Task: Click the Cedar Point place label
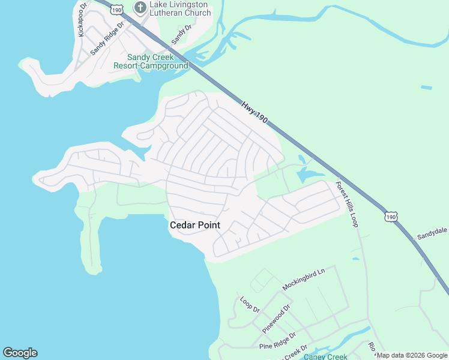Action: pyautogui.click(x=194, y=225)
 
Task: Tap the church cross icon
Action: pyautogui.click(x=140, y=8)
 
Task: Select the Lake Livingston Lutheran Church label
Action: pyautogui.click(x=180, y=8)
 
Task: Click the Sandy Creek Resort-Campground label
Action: pyautogui.click(x=150, y=61)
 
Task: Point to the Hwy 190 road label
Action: pyautogui.click(x=255, y=113)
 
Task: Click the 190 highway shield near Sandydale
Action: pyautogui.click(x=391, y=216)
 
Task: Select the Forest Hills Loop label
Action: pyautogui.click(x=348, y=205)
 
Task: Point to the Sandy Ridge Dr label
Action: pyautogui.click(x=107, y=38)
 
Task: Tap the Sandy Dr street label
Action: pyautogui.click(x=181, y=34)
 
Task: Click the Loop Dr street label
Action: pyautogui.click(x=250, y=305)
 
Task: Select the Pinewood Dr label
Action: pyautogui.click(x=276, y=319)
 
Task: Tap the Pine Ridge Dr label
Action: pyautogui.click(x=277, y=341)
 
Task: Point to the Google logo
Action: pyautogui.click(x=20, y=353)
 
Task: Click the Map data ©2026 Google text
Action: pyautogui.click(x=412, y=355)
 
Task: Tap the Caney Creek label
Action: pyautogui.click(x=325, y=357)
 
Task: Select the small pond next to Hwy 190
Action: pyautogui.click(x=306, y=175)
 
